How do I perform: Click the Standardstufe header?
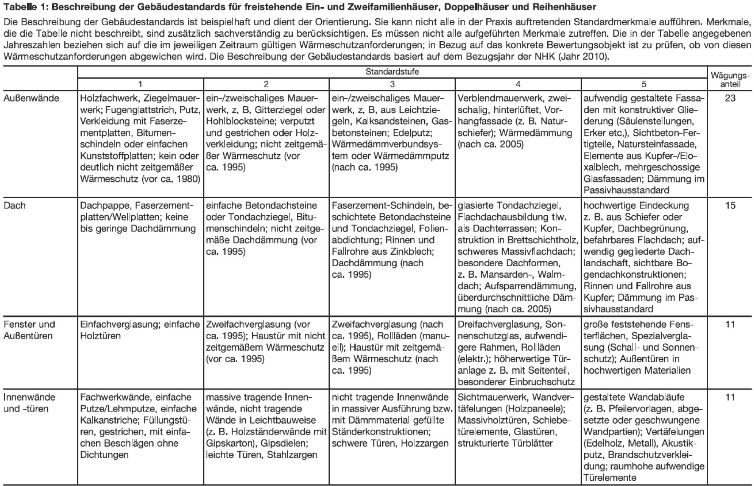pos(392,71)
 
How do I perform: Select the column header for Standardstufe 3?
pos(392,84)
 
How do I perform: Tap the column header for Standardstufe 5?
pos(643,84)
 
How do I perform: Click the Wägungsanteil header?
pos(730,79)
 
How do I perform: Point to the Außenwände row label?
pos(31,98)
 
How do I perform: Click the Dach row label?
pos(15,206)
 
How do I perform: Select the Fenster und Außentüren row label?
pos(29,330)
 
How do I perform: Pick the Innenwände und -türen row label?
pos(29,403)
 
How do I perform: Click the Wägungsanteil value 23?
pos(730,98)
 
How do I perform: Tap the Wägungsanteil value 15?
pos(730,206)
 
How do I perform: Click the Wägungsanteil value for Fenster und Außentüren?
pos(730,325)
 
